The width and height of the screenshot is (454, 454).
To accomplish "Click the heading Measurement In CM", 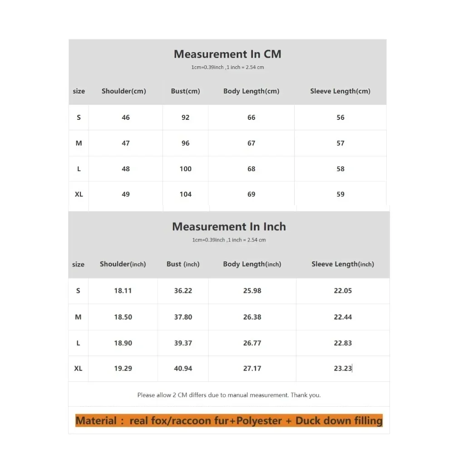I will pyautogui.click(x=227, y=54).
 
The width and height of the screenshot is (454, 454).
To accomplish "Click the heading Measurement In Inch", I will pyautogui.click(x=229, y=227).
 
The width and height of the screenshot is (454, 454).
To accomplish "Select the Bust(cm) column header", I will pyautogui.click(x=185, y=91).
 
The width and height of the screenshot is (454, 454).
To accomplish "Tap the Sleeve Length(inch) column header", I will pyautogui.click(x=342, y=264).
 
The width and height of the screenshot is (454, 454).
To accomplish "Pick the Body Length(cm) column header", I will pyautogui.click(x=251, y=91).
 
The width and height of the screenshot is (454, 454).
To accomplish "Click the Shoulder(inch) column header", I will pyautogui.click(x=123, y=264).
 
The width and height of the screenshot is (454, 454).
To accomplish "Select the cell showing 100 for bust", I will pyautogui.click(x=185, y=169).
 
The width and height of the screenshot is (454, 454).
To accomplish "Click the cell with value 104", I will pyautogui.click(x=185, y=194).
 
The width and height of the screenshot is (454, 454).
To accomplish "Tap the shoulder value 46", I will pyautogui.click(x=126, y=118).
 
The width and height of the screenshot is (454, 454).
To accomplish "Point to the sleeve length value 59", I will pyautogui.click(x=340, y=194).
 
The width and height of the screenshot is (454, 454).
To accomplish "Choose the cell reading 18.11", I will pyautogui.click(x=123, y=291).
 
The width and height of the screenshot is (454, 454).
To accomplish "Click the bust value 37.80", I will pyautogui.click(x=183, y=317).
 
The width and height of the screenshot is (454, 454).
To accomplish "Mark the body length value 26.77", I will pyautogui.click(x=252, y=343).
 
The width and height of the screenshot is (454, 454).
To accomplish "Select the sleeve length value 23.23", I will pyautogui.click(x=342, y=369).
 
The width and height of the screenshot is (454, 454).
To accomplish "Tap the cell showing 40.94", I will pyautogui.click(x=183, y=369).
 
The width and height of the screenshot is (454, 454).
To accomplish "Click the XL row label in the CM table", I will pyautogui.click(x=79, y=194).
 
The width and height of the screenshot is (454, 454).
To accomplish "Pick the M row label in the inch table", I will pyautogui.click(x=78, y=317).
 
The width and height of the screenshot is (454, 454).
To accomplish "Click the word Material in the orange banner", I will pyautogui.click(x=96, y=421).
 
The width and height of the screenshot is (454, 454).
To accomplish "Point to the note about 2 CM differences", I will pyautogui.click(x=229, y=395).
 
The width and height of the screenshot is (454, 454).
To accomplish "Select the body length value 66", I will pyautogui.click(x=252, y=118).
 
